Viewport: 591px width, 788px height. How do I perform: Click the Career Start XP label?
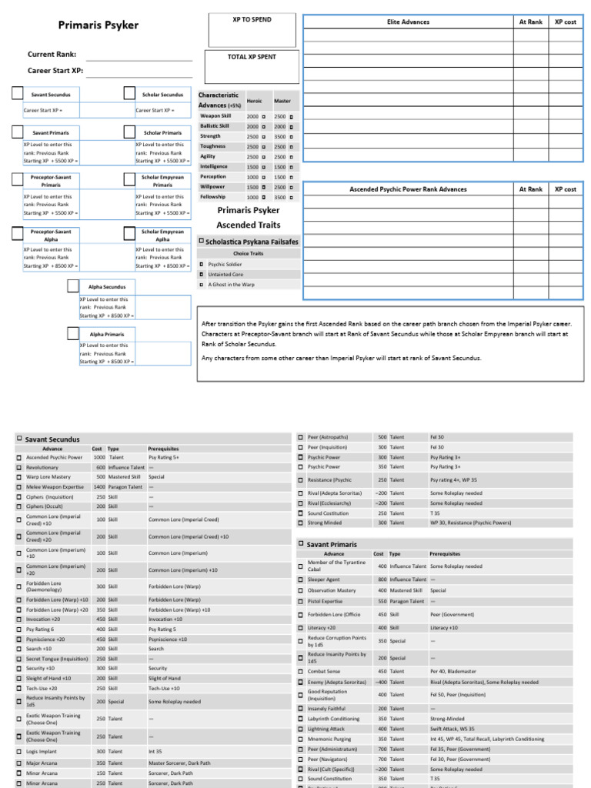point(55,71)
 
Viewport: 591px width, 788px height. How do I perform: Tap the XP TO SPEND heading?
point(252,19)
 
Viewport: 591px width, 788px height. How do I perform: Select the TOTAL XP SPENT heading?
point(252,57)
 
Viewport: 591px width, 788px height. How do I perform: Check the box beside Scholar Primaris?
point(129,132)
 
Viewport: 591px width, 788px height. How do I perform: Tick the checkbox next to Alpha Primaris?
point(73,334)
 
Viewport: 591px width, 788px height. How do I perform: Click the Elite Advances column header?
point(407,22)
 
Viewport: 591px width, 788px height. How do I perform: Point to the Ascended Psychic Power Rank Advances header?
point(407,189)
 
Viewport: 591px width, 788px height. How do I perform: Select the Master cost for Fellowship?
point(279,197)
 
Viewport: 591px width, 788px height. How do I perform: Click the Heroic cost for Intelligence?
point(252,167)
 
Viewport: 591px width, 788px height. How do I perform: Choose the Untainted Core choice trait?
point(225,274)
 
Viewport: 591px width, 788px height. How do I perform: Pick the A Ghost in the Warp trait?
point(231,284)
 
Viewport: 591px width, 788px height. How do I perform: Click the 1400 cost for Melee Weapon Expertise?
point(98,487)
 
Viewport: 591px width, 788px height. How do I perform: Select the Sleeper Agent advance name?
point(323,579)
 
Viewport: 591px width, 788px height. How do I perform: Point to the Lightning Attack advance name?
point(326,728)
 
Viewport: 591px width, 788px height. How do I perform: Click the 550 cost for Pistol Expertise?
point(379,601)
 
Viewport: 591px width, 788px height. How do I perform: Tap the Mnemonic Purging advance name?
point(329,739)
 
